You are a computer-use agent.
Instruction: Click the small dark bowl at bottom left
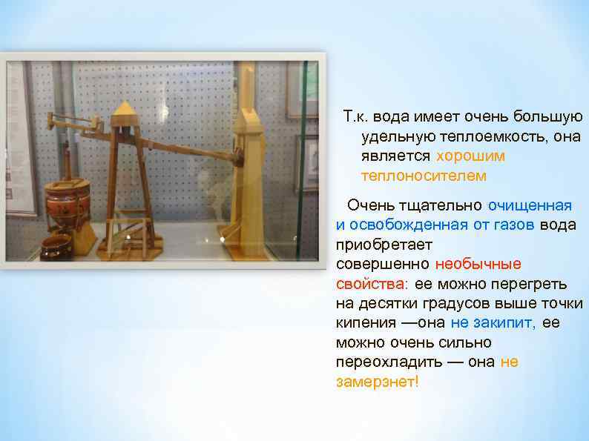(x=55, y=246)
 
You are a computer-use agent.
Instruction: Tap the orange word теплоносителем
(x=424, y=176)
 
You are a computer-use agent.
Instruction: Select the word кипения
(x=365, y=322)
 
